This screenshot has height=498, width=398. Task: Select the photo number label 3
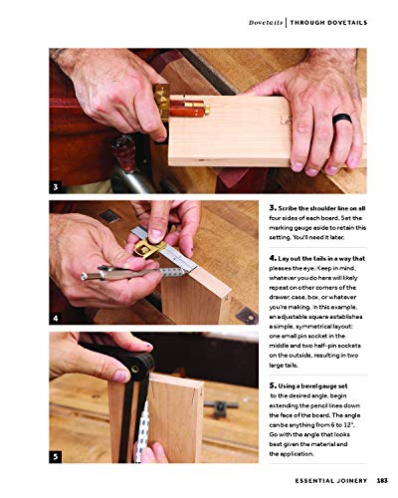click(57, 186)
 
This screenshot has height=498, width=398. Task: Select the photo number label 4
click(57, 318)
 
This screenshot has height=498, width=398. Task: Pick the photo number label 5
click(57, 456)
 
